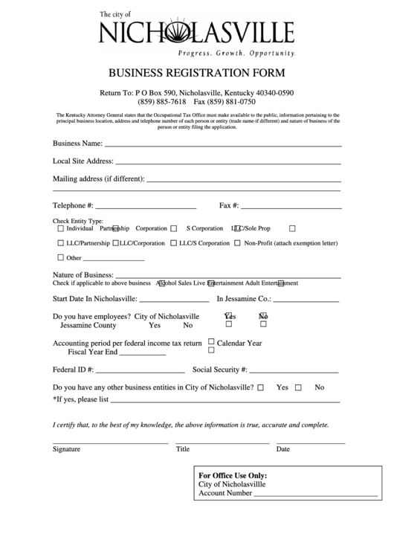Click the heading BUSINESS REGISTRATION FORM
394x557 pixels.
pyautogui.click(x=197, y=74)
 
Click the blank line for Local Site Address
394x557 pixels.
pyautogui.click(x=227, y=163)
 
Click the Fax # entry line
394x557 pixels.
pyautogui.click(x=291, y=207)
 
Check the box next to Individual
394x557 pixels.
pyautogui.click(x=61, y=228)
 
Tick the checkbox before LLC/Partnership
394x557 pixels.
pyautogui.click(x=61, y=243)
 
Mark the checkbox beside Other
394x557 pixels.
pyautogui.click(x=61, y=258)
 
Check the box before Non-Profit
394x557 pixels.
pyautogui.click(x=237, y=243)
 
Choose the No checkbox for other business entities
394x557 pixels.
pyautogui.click(x=298, y=387)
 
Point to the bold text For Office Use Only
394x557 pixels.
pyautogui.click(x=233, y=475)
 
